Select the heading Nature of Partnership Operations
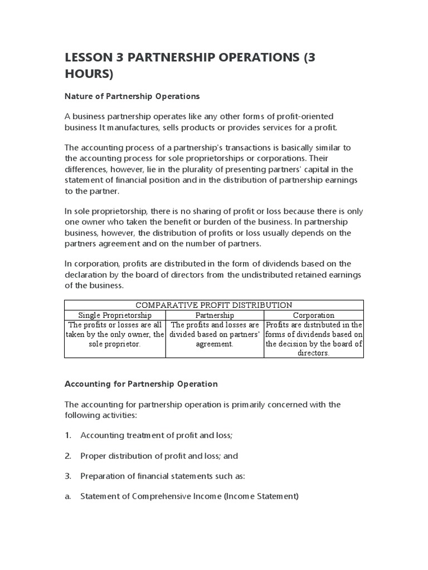coord(132,96)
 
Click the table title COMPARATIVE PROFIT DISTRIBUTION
coord(214,305)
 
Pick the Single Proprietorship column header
coord(115,315)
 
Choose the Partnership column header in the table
coord(214,315)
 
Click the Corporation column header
coord(314,315)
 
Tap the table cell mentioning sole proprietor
coord(115,335)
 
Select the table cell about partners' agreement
coord(214,335)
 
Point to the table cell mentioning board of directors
coord(314,339)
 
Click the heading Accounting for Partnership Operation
coord(141,384)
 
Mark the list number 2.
coord(68,456)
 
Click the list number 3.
coord(68,476)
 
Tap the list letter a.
coord(67,496)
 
